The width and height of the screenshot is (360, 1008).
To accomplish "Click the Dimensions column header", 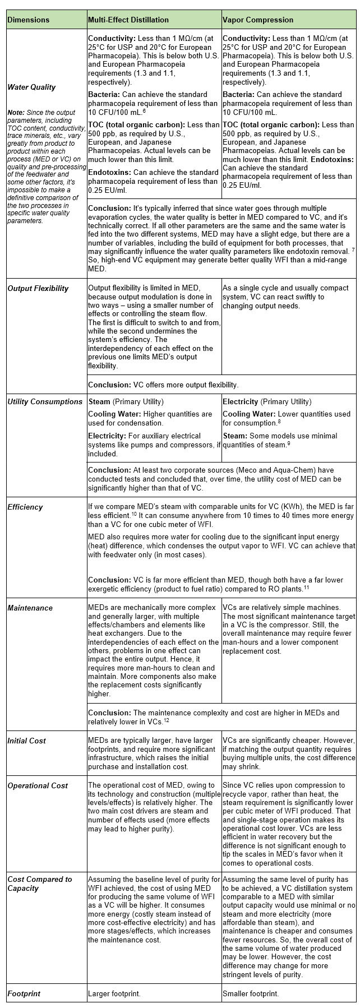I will click(x=28, y=20).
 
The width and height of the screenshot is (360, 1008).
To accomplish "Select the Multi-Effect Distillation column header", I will click(x=128, y=20).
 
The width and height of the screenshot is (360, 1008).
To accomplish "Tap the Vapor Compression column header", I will click(x=257, y=20).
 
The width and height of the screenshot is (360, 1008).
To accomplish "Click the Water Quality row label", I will click(x=31, y=87).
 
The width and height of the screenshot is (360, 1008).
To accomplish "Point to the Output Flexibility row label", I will click(x=38, y=288).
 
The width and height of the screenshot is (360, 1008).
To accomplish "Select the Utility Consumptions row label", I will click(x=45, y=401).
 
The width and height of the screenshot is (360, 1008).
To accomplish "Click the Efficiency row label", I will click(x=25, y=507).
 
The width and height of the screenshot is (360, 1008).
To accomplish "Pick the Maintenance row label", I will click(x=30, y=608).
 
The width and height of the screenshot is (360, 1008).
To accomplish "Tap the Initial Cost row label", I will click(x=26, y=741).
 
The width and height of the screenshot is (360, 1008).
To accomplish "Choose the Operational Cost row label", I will click(x=38, y=785).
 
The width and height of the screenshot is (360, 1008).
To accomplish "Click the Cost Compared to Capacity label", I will click(x=39, y=884).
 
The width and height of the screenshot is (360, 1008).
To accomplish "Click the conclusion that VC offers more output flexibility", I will click(x=163, y=385).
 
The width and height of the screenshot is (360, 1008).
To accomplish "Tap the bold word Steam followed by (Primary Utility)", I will click(x=99, y=401).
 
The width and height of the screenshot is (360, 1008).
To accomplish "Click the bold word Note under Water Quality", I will click(x=15, y=113).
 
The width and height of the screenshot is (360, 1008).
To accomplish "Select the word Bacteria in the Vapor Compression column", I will click(x=238, y=94).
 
